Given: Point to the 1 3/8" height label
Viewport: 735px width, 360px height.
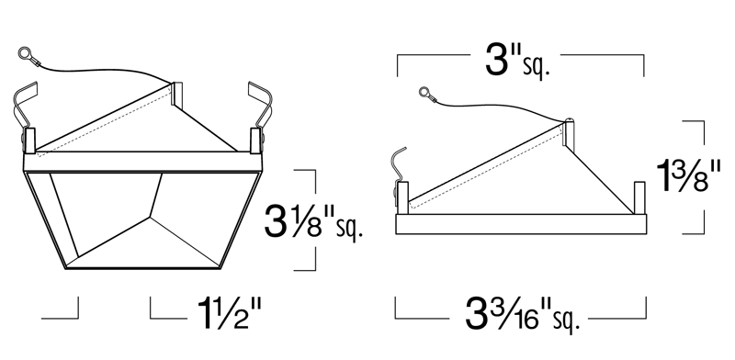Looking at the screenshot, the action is click(x=688, y=175).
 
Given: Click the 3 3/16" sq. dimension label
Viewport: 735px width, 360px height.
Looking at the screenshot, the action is click(x=522, y=314).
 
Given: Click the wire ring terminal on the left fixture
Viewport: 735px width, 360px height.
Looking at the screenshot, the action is click(x=24, y=53).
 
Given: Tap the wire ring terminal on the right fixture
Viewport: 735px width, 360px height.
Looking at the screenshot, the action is click(x=424, y=92).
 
